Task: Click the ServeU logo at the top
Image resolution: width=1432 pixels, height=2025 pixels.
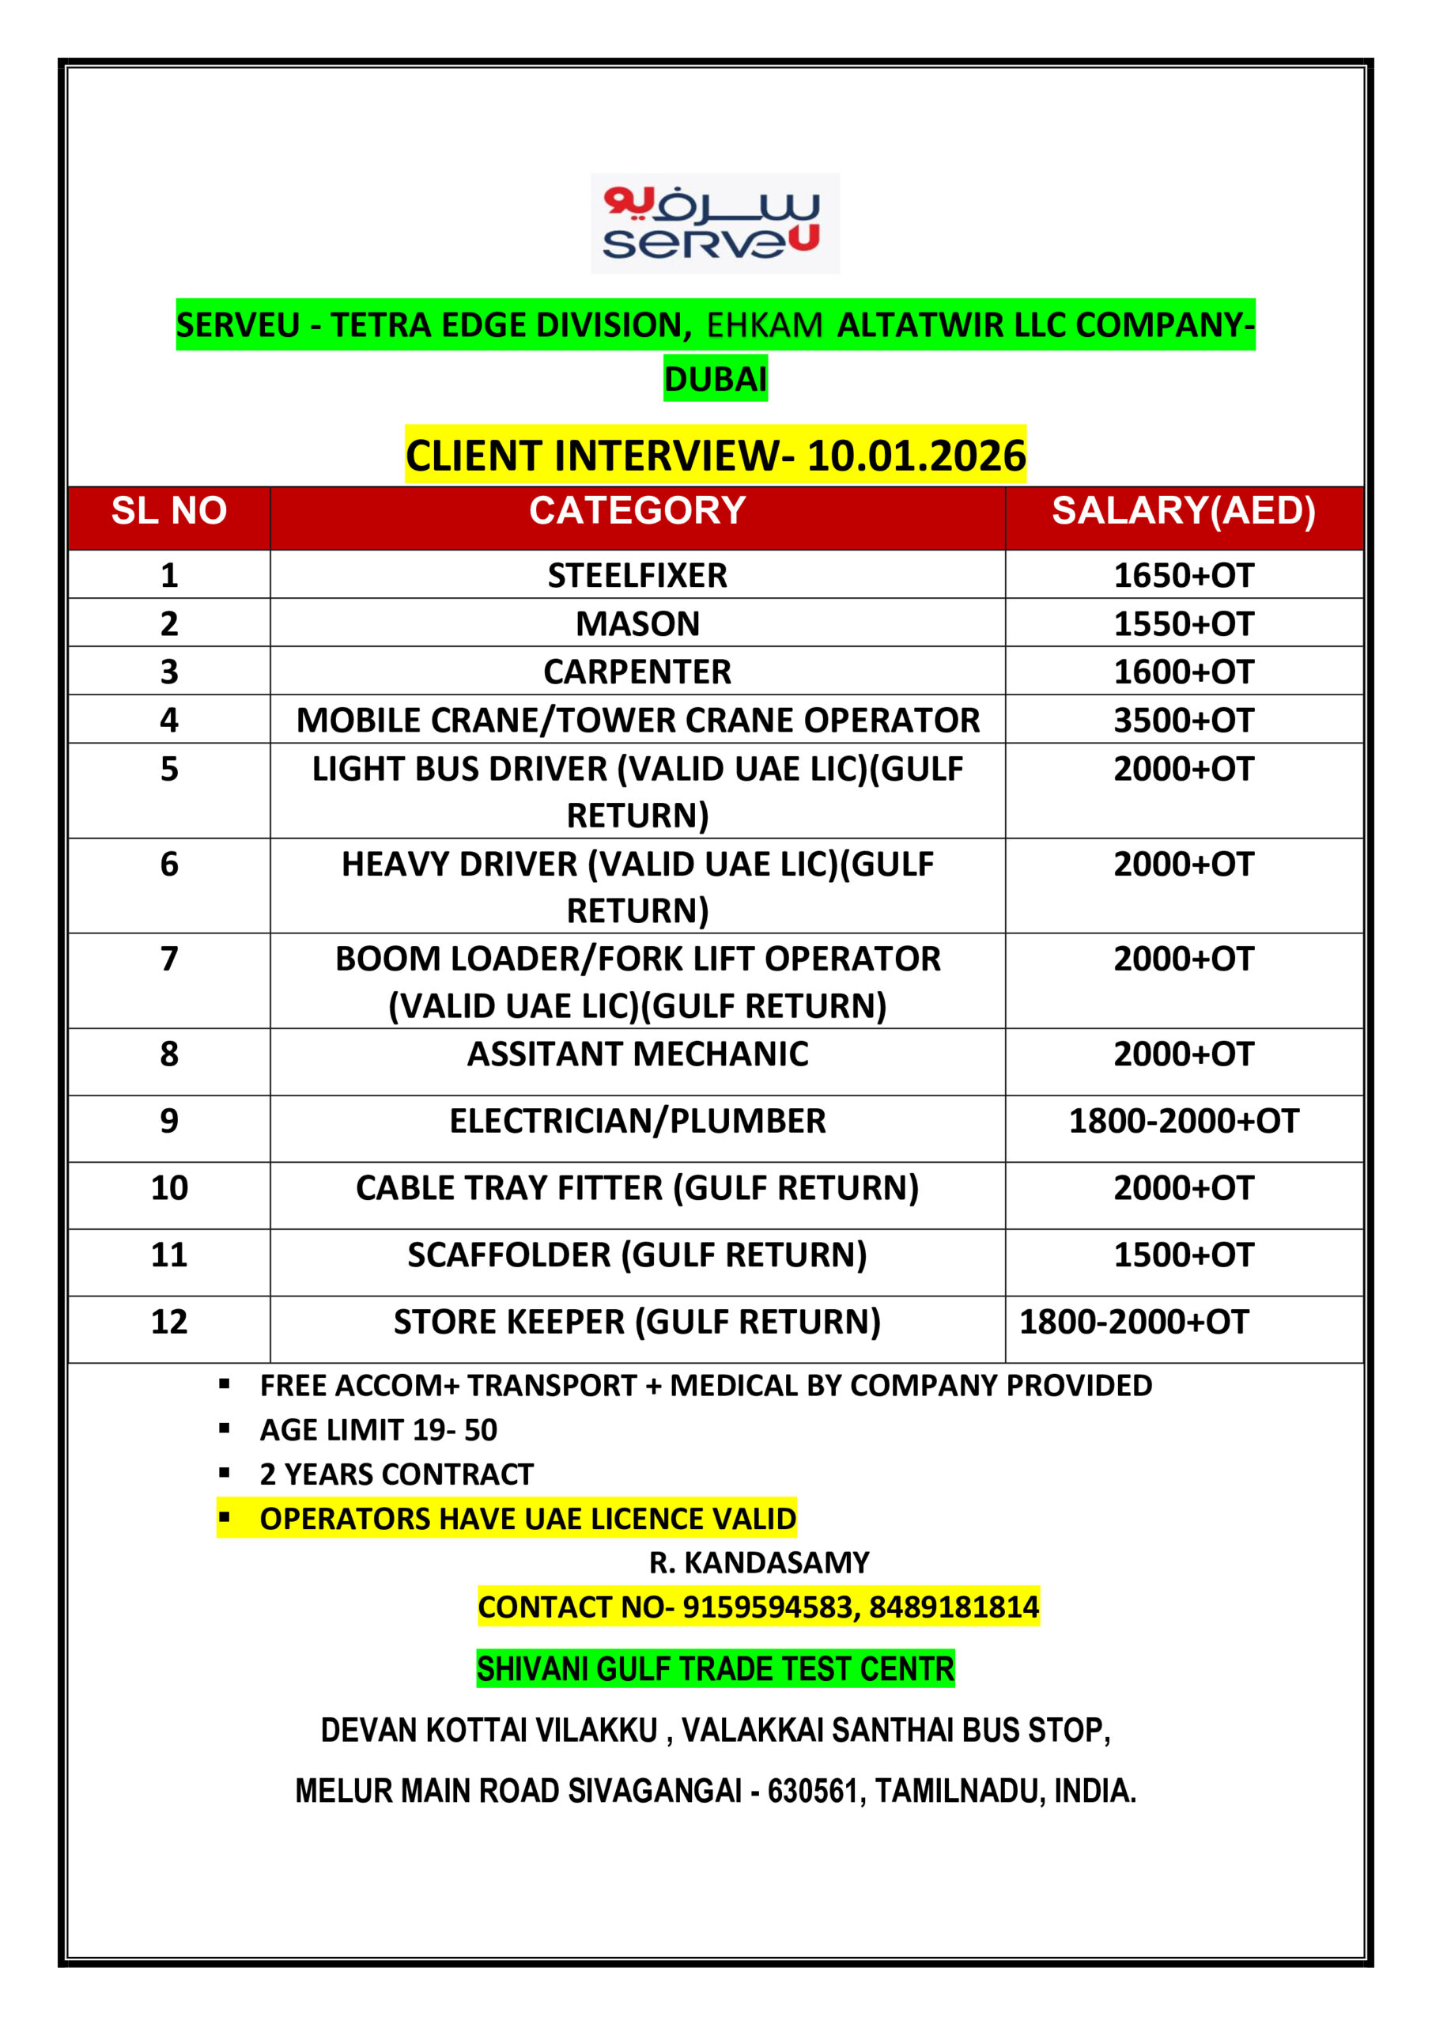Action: pyautogui.click(x=714, y=223)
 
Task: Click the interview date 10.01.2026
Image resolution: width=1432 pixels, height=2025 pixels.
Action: pyautogui.click(x=916, y=456)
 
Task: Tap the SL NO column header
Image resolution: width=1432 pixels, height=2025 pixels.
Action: pyautogui.click(x=168, y=511)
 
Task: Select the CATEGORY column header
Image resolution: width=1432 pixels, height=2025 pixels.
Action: pyautogui.click(x=637, y=511)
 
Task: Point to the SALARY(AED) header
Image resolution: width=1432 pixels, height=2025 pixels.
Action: pyautogui.click(x=1184, y=511)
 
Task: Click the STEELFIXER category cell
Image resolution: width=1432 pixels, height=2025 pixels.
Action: pyautogui.click(x=637, y=575)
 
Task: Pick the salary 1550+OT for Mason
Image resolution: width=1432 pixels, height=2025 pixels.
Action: pyautogui.click(x=1184, y=623)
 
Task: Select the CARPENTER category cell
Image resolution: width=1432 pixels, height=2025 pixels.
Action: pyautogui.click(x=637, y=672)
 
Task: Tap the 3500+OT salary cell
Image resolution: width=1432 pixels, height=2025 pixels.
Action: pyautogui.click(x=1184, y=720)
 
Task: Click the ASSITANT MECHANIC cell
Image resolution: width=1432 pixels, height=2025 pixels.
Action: pyautogui.click(x=637, y=1053)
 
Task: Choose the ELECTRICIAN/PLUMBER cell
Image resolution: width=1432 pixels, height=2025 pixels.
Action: pyautogui.click(x=637, y=1120)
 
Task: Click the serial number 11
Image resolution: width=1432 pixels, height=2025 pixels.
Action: pyautogui.click(x=168, y=1255)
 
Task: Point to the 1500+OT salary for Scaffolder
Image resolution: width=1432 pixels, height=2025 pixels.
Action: pyautogui.click(x=1184, y=1255)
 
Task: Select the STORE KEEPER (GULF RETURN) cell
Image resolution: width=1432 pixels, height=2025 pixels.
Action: pyautogui.click(x=637, y=1321)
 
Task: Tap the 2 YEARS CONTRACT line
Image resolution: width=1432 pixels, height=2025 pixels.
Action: pyautogui.click(x=397, y=1474)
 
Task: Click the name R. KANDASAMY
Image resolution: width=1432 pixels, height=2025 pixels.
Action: pyautogui.click(x=759, y=1562)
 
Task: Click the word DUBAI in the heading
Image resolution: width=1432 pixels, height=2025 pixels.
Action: pyautogui.click(x=715, y=378)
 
